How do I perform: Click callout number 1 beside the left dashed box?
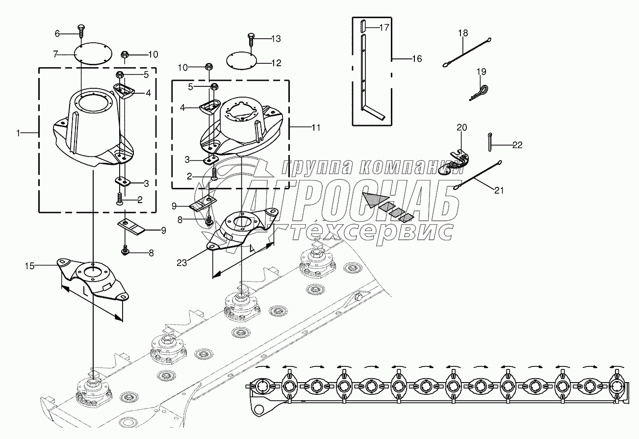coord(19,132)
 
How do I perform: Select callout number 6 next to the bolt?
coord(57,33)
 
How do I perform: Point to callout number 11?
coord(316,128)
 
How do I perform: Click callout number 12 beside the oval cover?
coord(277,63)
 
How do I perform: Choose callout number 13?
coord(276,38)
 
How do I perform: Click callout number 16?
coord(416,59)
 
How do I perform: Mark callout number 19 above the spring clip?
coord(481,72)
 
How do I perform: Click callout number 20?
coord(462,128)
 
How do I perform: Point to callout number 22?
coord(517,145)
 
